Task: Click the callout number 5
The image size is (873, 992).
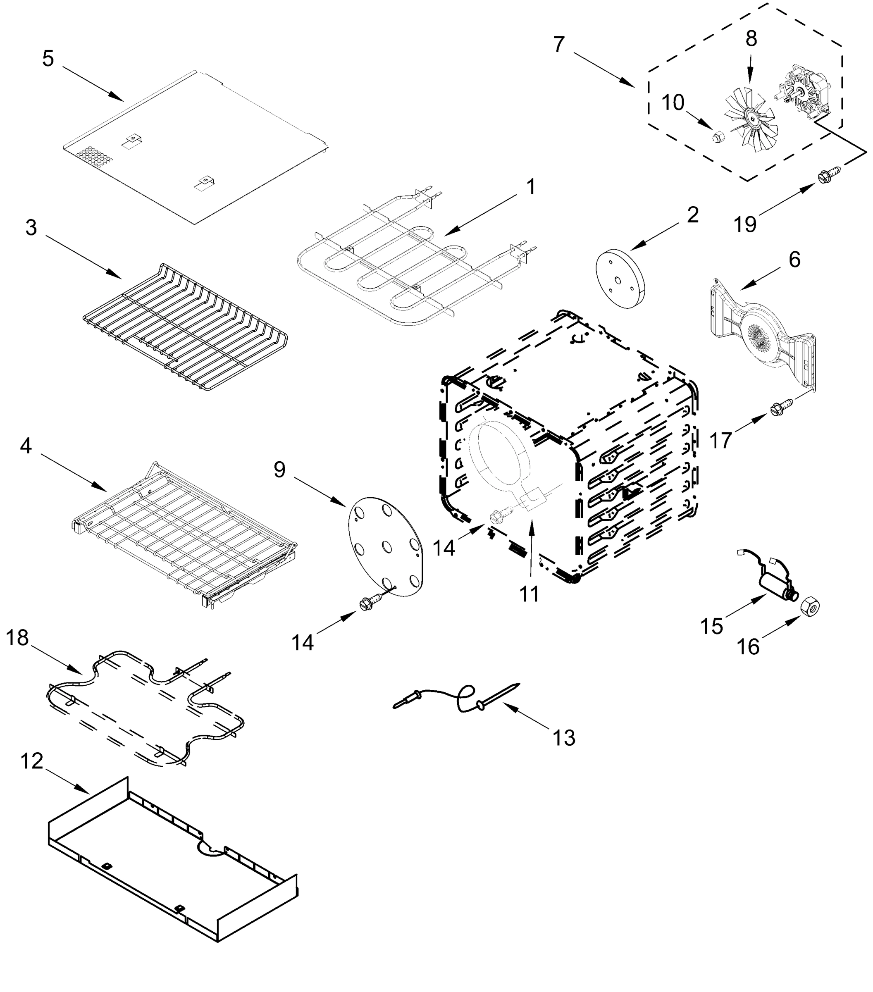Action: [x=48, y=58]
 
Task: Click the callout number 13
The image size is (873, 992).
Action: [x=564, y=738]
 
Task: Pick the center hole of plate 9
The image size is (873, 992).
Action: [x=387, y=547]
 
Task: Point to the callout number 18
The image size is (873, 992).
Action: [x=17, y=638]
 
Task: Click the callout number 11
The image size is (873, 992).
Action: [x=530, y=594]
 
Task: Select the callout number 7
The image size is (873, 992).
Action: [x=559, y=45]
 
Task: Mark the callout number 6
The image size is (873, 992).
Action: [x=795, y=260]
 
